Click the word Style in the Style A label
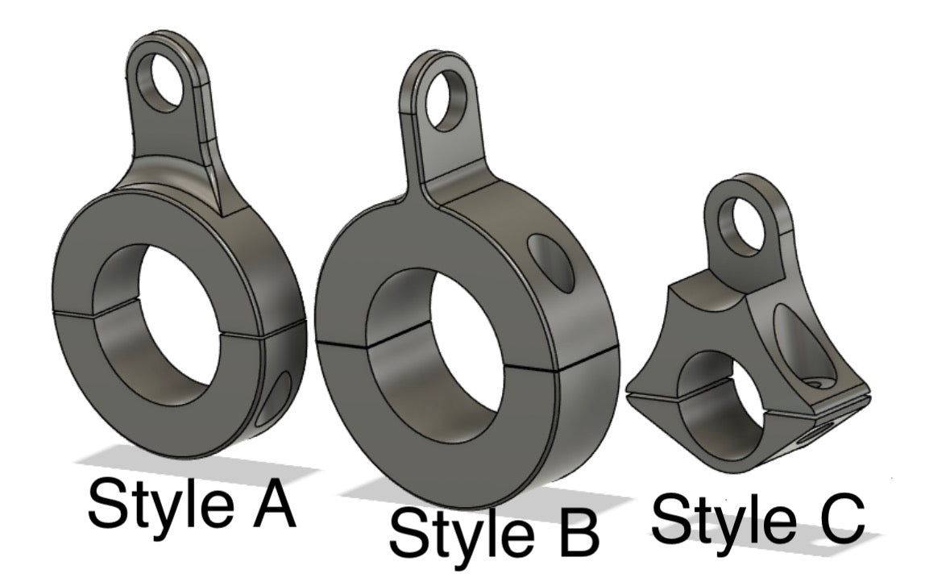coord(160,502)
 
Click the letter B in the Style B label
coord(575,531)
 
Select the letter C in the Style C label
coord(839,518)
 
